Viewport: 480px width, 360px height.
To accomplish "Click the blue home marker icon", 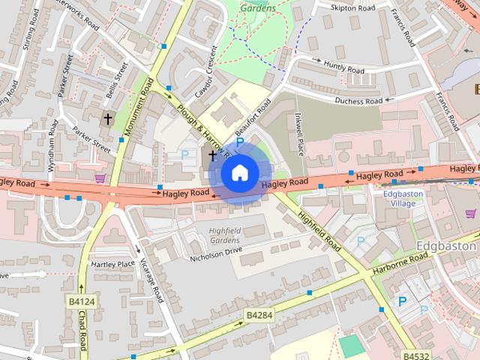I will click(238, 173).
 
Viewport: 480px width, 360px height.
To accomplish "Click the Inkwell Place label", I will click(298, 134).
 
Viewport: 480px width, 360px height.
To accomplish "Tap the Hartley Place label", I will click(112, 264).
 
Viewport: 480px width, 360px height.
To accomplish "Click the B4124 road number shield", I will click(82, 301).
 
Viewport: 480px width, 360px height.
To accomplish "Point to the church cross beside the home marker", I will click(213, 156).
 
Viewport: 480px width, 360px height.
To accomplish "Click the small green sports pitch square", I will click(349, 346).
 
